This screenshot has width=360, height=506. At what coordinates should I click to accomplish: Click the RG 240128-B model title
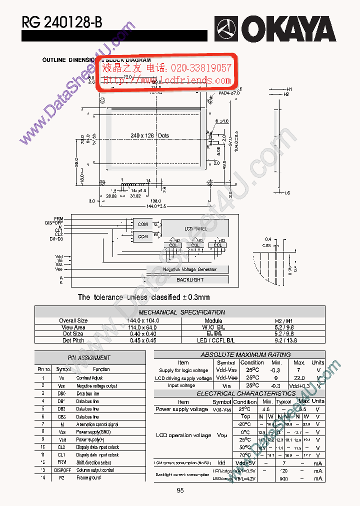[61, 22]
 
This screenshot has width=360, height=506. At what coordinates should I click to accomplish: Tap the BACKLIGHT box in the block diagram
[190, 279]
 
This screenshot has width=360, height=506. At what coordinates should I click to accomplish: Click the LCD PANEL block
[195, 228]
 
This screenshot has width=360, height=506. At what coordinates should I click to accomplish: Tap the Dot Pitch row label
[73, 340]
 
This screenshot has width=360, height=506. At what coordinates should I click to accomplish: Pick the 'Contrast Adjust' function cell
[89, 378]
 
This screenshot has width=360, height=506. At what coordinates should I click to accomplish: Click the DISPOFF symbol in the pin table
[62, 470]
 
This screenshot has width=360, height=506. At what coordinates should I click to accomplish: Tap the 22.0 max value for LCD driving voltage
[299, 378]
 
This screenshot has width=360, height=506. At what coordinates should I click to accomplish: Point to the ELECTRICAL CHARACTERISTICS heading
[239, 393]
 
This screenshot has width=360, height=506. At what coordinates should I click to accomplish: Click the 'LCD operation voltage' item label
[183, 435]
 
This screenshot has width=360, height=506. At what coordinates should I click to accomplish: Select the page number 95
[180, 490]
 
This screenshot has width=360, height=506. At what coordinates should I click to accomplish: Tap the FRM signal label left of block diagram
[59, 218]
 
